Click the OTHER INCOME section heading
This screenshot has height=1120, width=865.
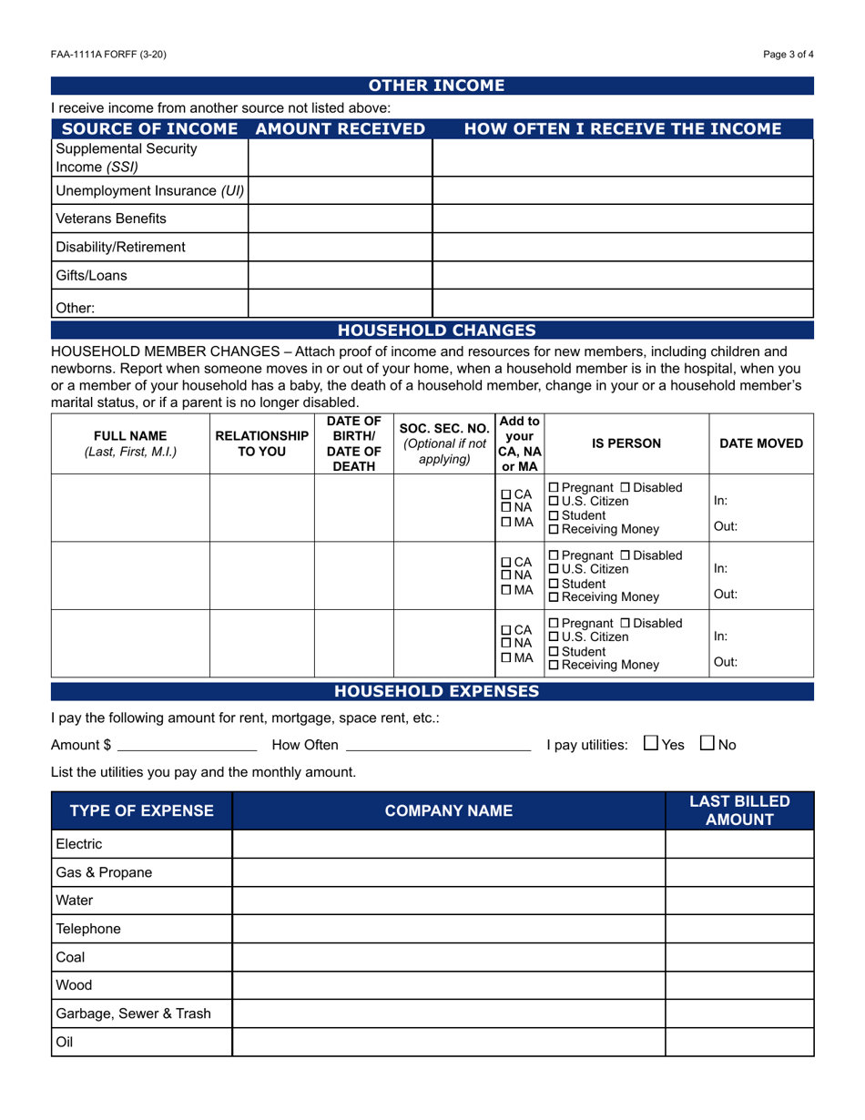[x=435, y=87]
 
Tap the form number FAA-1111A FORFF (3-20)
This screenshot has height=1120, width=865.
[x=108, y=55]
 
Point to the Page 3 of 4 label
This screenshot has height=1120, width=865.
[x=789, y=55]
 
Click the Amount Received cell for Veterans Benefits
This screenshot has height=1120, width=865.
[x=340, y=219]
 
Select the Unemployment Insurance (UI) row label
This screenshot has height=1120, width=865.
[x=150, y=191]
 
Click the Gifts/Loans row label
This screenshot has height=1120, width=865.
[x=92, y=275]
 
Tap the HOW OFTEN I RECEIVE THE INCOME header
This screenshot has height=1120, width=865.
[x=622, y=129]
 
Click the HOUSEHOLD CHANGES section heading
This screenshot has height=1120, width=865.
[x=436, y=331]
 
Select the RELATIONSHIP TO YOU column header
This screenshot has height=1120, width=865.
[x=261, y=443]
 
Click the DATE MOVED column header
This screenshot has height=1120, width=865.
[x=761, y=443]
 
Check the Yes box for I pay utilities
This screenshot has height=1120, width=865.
[x=650, y=744]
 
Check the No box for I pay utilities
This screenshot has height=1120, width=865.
[x=707, y=744]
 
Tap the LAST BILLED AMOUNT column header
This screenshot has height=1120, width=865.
[x=738, y=810]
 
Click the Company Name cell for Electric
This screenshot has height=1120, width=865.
[x=448, y=844]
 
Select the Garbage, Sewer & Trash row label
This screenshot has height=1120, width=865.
[x=133, y=1013]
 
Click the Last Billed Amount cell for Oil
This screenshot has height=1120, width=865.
[x=738, y=1043]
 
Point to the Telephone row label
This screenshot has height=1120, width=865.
[x=88, y=930]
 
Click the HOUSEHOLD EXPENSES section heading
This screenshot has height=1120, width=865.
[x=437, y=692]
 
